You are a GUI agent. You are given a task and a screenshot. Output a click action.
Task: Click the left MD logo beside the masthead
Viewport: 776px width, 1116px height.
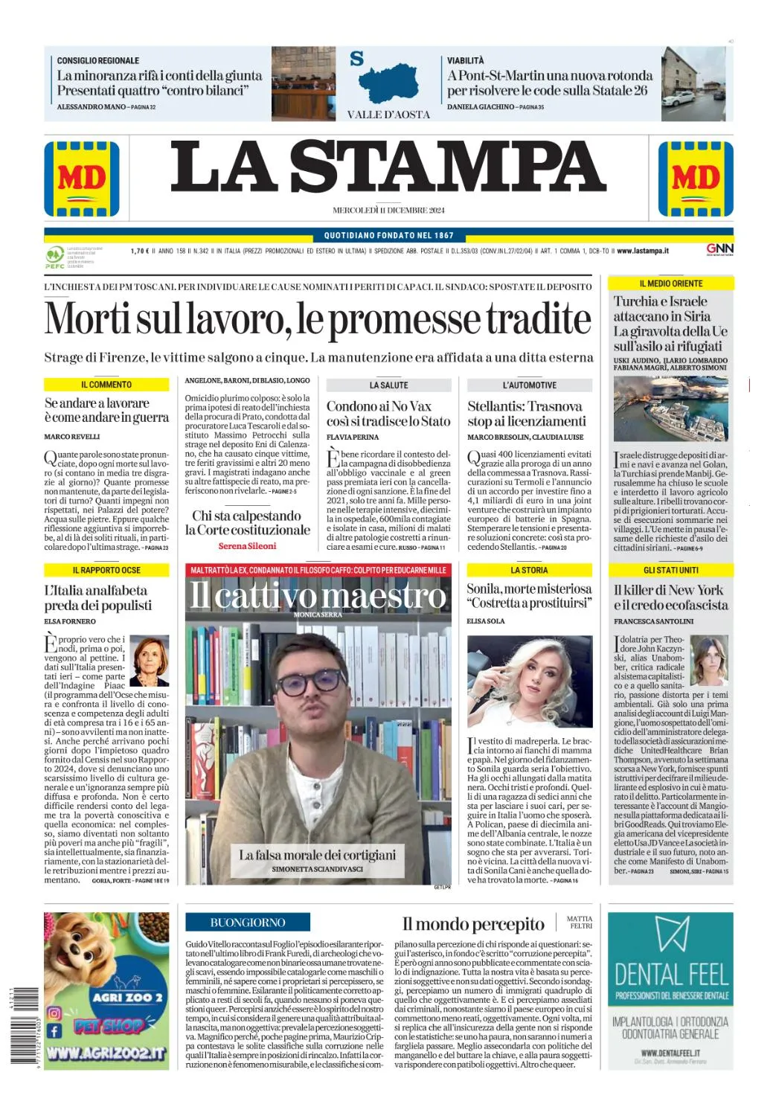tap(81, 179)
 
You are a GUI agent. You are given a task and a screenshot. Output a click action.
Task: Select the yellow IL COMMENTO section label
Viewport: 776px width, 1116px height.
tap(106, 385)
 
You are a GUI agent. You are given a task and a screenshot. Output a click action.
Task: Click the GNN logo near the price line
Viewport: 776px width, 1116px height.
tap(719, 249)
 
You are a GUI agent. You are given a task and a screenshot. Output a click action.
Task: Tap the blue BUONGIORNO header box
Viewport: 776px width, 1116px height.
tap(248, 923)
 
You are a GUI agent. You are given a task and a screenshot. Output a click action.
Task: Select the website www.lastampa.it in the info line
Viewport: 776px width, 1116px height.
tap(642, 251)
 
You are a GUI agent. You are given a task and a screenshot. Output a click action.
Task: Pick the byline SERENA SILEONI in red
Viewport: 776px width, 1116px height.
tap(247, 546)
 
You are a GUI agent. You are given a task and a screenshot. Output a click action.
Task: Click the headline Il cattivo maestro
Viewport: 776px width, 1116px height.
tap(318, 595)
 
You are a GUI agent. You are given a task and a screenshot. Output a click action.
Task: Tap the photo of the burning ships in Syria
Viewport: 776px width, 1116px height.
tap(670, 408)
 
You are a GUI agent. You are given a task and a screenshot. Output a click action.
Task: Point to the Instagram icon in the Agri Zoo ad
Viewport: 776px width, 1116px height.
tap(54, 1013)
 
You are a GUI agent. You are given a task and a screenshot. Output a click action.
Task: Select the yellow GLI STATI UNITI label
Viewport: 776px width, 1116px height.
tap(670, 570)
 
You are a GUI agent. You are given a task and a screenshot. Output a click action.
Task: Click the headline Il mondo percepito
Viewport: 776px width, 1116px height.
tap(473, 924)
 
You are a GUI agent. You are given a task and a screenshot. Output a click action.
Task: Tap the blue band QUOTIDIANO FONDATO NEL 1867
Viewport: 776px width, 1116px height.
tap(388, 235)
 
